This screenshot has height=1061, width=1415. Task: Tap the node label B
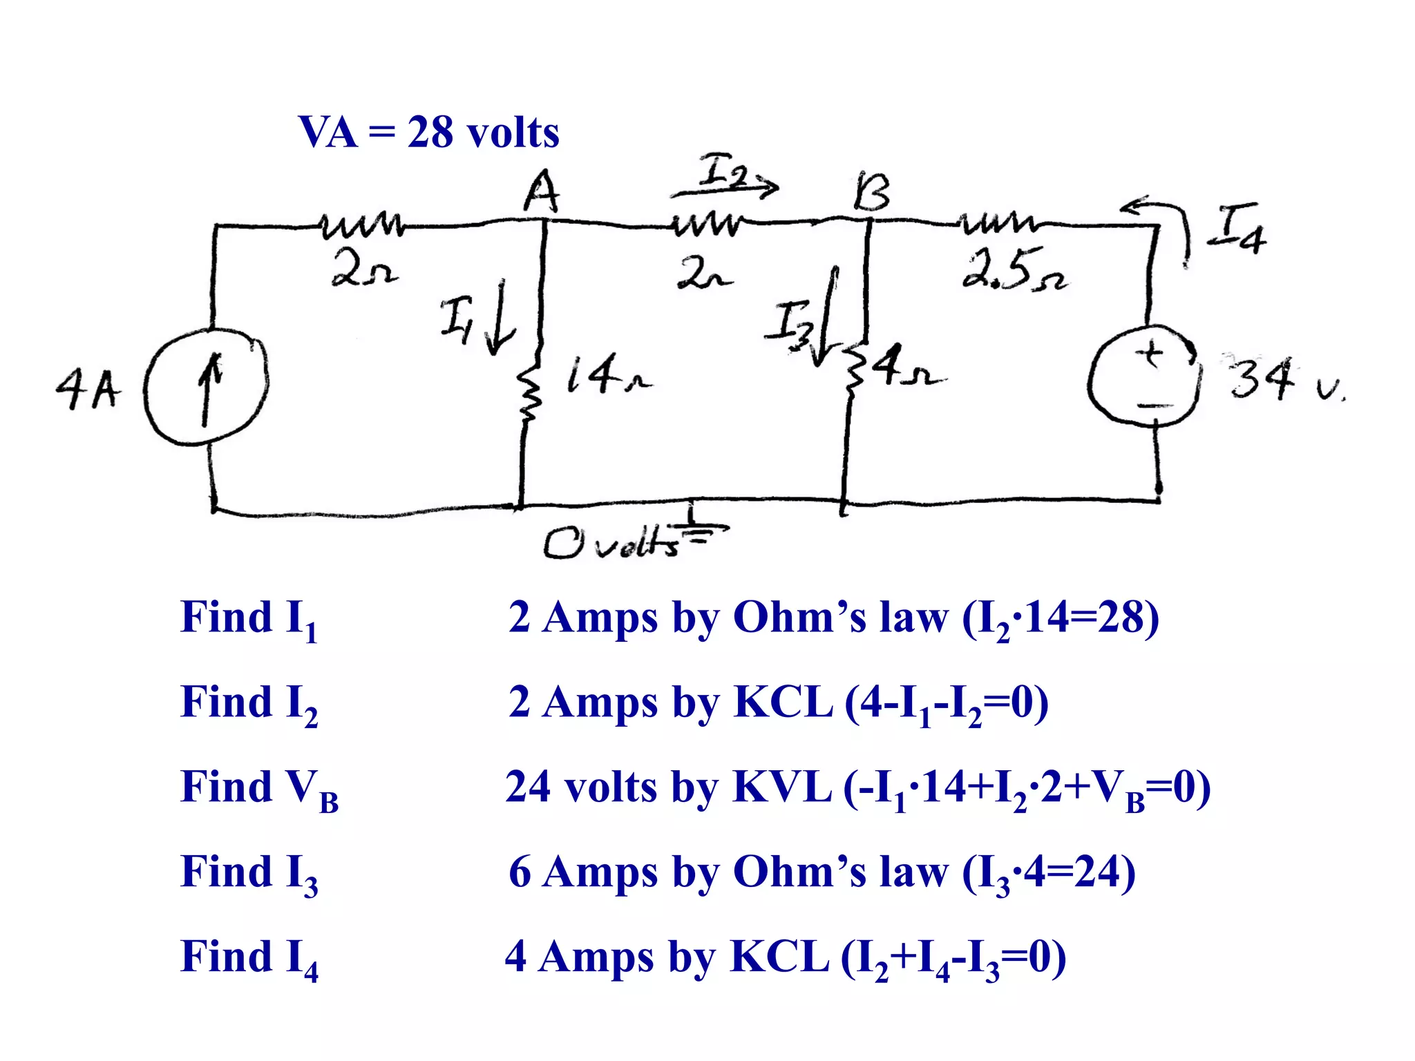(x=871, y=193)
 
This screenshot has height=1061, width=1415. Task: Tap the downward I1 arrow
(x=499, y=318)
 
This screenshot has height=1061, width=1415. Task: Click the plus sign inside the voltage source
(x=1150, y=354)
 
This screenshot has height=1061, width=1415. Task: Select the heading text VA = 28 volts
(x=428, y=132)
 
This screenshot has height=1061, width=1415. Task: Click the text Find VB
(x=259, y=788)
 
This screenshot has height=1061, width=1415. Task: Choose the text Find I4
(x=249, y=958)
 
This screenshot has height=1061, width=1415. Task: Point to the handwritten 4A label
(x=88, y=389)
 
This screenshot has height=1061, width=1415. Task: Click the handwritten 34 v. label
(x=1285, y=379)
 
